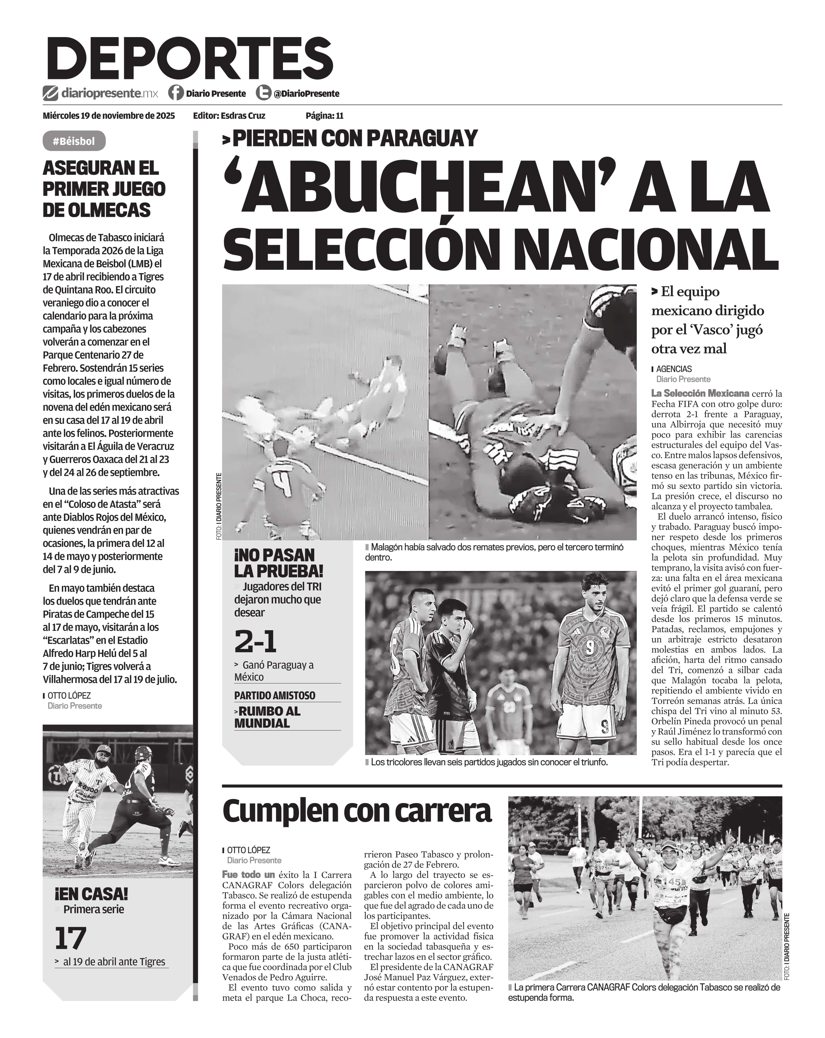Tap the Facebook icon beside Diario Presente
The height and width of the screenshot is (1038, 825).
pos(176,92)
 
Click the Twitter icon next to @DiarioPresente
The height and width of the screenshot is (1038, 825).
pos(263,92)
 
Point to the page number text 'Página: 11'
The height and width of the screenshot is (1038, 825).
pos(324,116)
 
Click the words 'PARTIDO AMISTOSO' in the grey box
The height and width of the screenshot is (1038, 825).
pos(275,695)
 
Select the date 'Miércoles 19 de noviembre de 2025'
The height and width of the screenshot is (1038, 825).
pos(109,116)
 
